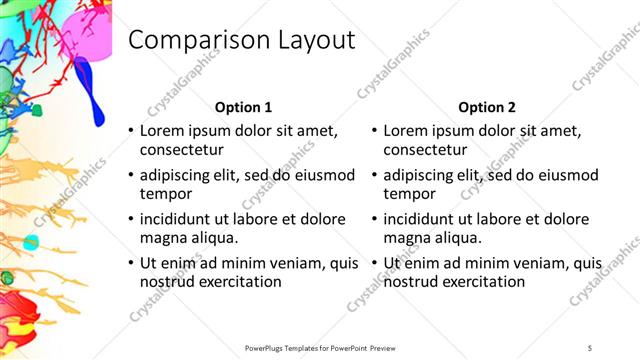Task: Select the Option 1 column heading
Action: click(x=243, y=106)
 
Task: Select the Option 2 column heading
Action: click(x=487, y=106)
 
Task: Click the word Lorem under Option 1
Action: click(x=164, y=131)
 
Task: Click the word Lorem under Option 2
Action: click(x=408, y=131)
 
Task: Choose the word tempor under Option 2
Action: click(x=410, y=194)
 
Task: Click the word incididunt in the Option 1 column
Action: click(x=181, y=219)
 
